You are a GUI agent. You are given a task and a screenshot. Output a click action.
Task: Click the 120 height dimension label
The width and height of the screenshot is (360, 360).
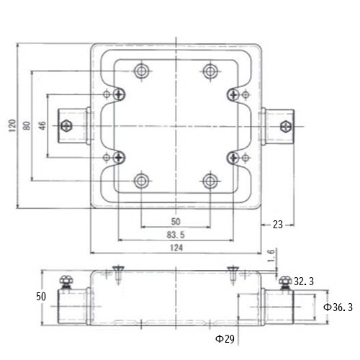coord(12,125)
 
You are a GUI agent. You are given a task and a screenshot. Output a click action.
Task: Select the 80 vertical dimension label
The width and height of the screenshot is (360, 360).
coord(27,125)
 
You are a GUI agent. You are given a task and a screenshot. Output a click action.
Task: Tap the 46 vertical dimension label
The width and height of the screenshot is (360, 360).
coord(42,125)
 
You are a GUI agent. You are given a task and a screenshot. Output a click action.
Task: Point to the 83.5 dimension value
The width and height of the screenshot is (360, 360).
coord(176,235)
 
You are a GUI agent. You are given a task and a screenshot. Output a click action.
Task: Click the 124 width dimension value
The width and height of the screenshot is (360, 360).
coord(176,248)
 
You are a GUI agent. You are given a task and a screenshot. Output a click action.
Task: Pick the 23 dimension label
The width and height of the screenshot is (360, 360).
coord(278,225)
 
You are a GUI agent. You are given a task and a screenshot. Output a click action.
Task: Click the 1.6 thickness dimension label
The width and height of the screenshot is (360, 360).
coord(271,256)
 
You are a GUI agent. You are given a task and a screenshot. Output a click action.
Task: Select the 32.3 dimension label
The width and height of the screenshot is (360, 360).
coord(304,282)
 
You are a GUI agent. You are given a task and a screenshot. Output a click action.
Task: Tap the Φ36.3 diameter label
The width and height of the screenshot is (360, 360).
coord(338,307)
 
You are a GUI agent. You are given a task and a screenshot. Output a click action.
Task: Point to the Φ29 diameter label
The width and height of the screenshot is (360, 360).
coord(225,339)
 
